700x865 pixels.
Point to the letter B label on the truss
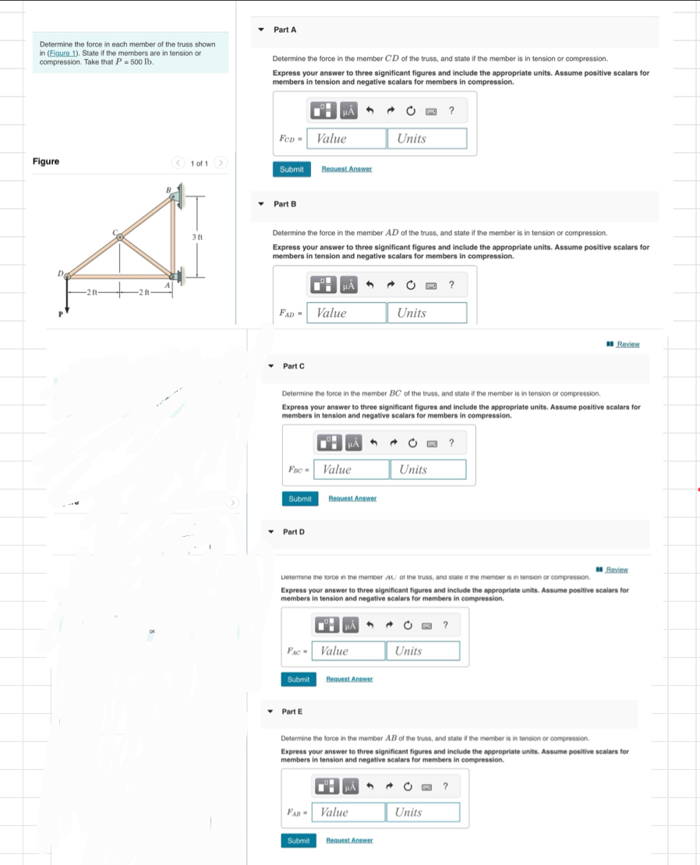[x=167, y=189]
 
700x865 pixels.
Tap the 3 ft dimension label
[x=197, y=236]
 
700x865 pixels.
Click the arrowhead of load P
[x=66, y=309]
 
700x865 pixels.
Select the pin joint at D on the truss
[x=68, y=277]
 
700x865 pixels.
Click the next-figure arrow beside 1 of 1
[x=221, y=163]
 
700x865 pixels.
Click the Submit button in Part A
[x=292, y=169]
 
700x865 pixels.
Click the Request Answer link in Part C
[x=352, y=499]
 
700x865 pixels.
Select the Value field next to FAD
[x=346, y=312]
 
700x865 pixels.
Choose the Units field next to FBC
[x=428, y=469]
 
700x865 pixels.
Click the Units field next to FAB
[x=422, y=812]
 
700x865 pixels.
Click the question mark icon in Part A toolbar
[x=451, y=111]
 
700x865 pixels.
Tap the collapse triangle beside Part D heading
[x=270, y=531]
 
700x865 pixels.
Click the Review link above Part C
[x=628, y=344]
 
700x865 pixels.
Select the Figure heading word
[x=46, y=161]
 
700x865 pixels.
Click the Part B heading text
[x=285, y=204]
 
